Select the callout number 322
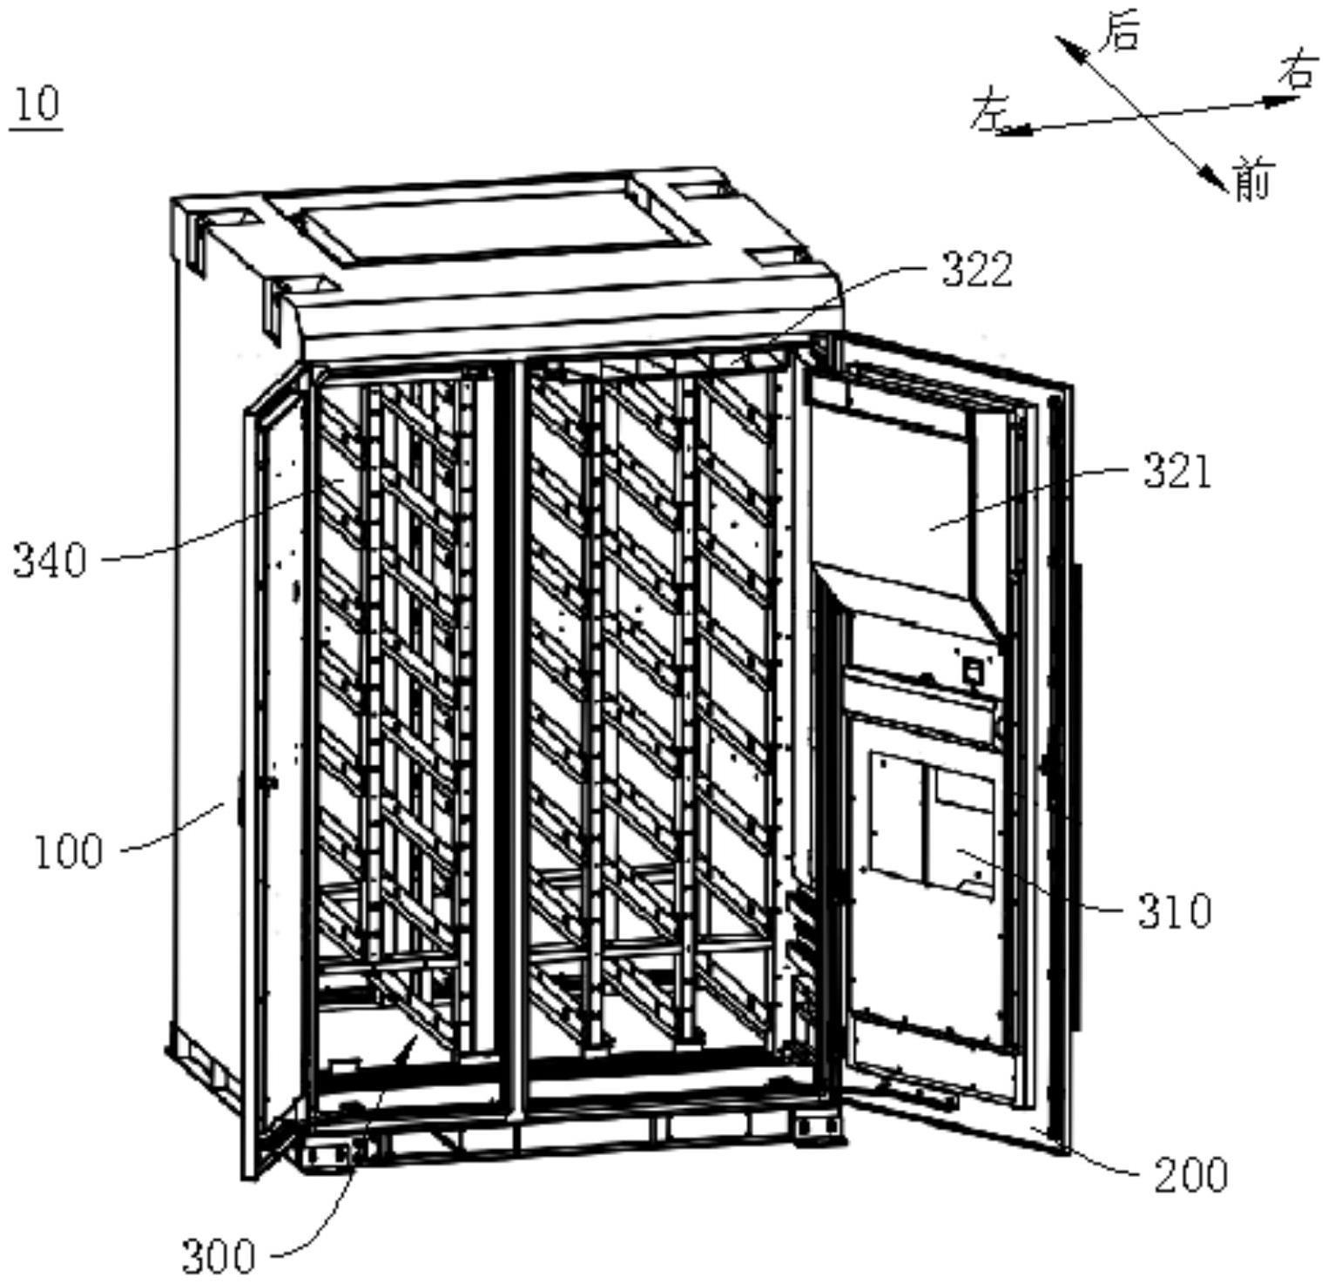click(978, 270)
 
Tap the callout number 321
click(1176, 473)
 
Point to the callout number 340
click(51, 560)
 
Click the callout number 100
click(69, 851)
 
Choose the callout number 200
click(1190, 1176)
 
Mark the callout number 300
click(219, 1256)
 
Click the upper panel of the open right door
click(906, 487)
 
